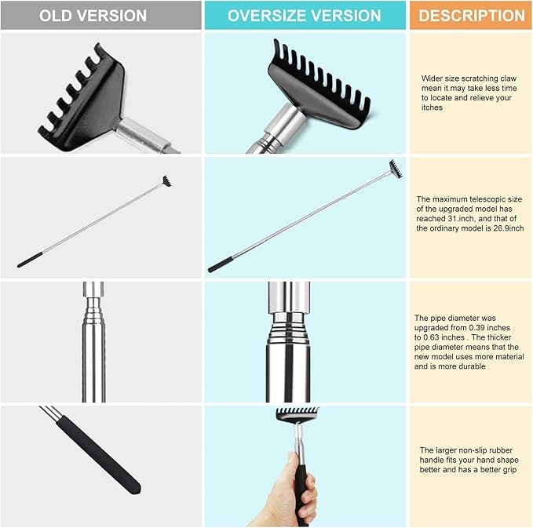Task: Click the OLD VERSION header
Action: point(93,16)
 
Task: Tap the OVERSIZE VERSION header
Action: point(304,16)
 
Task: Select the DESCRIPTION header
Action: point(471,16)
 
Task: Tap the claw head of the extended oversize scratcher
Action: point(394,169)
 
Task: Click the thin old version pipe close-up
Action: point(93,353)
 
